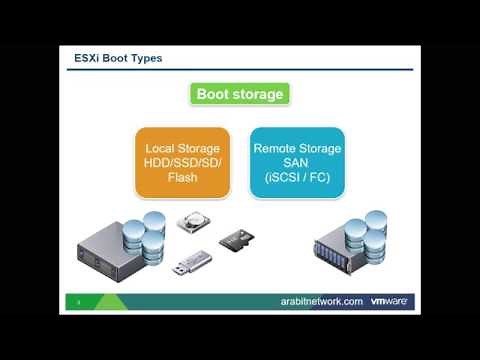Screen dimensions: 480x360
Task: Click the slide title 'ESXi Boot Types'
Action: tap(119, 58)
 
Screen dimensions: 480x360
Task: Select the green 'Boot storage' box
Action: tap(240, 95)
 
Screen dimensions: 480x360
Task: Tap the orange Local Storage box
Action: tap(184, 162)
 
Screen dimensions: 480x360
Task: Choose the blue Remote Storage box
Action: tap(296, 162)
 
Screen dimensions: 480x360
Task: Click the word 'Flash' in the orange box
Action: tap(184, 178)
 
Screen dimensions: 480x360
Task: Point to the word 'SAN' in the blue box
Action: tap(296, 162)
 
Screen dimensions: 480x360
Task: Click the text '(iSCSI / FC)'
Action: tap(296, 177)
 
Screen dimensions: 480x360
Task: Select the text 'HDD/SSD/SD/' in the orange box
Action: tap(184, 162)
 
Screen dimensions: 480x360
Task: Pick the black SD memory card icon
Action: tap(234, 240)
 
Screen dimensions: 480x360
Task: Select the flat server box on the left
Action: tap(110, 258)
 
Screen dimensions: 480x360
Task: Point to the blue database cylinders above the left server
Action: tap(150, 231)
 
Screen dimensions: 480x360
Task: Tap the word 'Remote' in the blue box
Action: tap(275, 147)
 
